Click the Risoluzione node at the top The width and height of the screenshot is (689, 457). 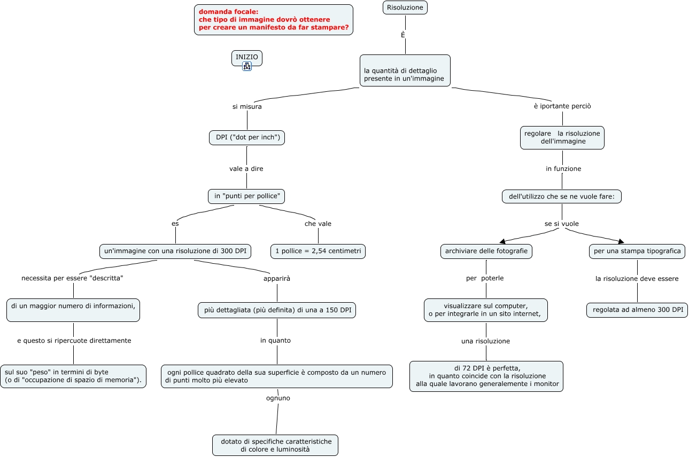tap(405, 7)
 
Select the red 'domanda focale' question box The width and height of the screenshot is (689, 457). tap(274, 20)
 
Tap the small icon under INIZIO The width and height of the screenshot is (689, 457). tap(247, 66)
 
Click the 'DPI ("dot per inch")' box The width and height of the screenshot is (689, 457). tap(247, 137)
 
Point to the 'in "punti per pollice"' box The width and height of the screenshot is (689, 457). tap(246, 196)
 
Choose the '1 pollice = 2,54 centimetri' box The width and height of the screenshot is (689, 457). tap(318, 251)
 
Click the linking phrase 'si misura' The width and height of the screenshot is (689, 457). tap(247, 107)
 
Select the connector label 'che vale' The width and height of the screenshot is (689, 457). tap(318, 224)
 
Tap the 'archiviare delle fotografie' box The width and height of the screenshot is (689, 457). tap(486, 251)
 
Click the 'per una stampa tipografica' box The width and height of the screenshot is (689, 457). tap(637, 251)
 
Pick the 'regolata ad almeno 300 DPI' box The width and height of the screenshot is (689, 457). tap(637, 310)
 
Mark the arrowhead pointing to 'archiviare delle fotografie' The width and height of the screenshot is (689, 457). tap(502, 241)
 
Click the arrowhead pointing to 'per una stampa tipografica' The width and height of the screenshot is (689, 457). tap(621, 241)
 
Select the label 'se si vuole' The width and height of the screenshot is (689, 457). tap(562, 224)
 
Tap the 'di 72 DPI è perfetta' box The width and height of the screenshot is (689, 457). tap(486, 376)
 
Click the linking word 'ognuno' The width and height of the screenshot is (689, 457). tap(278, 398)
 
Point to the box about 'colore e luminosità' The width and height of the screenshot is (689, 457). tap(275, 445)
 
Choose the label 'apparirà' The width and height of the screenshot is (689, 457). tap(277, 279)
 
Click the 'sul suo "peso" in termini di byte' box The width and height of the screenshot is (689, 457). tap(73, 376)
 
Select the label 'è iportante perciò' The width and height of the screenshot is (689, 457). tap(562, 106)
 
